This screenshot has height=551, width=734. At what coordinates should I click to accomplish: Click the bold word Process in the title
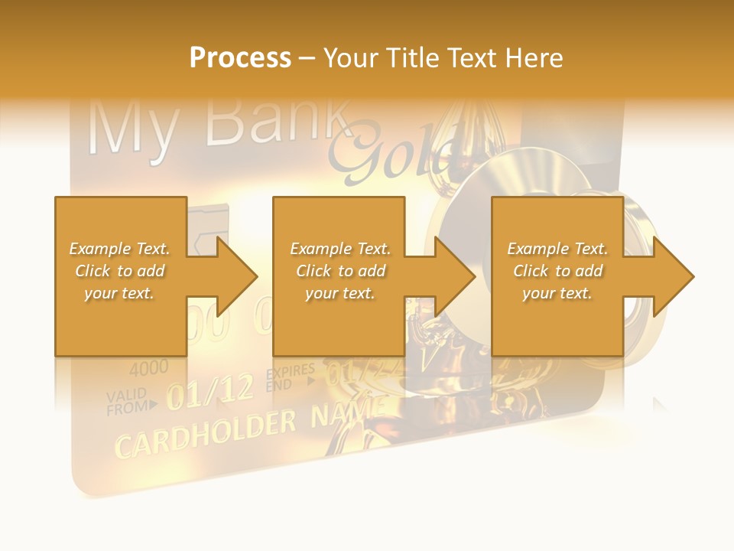[x=240, y=58]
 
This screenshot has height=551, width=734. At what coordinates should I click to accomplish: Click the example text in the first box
[x=119, y=271]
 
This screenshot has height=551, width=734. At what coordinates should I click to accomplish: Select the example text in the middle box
[x=339, y=271]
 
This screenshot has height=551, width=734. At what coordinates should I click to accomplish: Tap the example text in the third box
[x=557, y=271]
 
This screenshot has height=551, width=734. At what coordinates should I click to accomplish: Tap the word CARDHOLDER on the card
[x=205, y=434]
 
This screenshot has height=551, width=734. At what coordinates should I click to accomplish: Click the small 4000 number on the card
[x=148, y=369]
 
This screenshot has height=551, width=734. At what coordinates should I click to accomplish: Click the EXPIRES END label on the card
[x=290, y=378]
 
